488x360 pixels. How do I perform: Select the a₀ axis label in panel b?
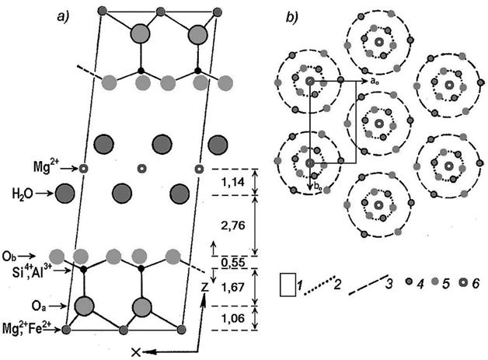369,79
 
